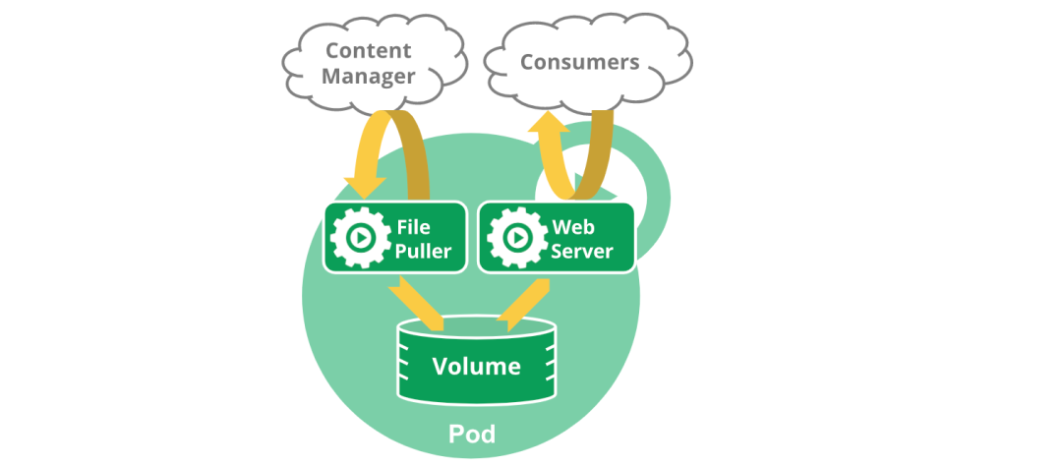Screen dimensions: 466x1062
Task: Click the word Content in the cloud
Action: point(369,49)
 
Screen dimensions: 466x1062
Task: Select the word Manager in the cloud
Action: point(369,76)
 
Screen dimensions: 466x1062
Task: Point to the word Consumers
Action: point(580,63)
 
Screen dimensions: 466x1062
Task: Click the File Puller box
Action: point(394,237)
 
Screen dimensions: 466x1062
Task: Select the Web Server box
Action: point(557,237)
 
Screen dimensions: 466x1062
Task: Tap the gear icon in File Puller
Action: point(359,238)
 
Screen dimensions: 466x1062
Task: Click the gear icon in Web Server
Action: point(515,238)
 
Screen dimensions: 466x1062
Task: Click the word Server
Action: point(582,251)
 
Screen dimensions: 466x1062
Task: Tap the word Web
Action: point(572,227)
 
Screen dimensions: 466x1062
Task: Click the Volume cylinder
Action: point(477,361)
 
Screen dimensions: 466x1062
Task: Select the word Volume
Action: point(477,367)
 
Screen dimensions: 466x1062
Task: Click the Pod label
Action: point(472,434)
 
